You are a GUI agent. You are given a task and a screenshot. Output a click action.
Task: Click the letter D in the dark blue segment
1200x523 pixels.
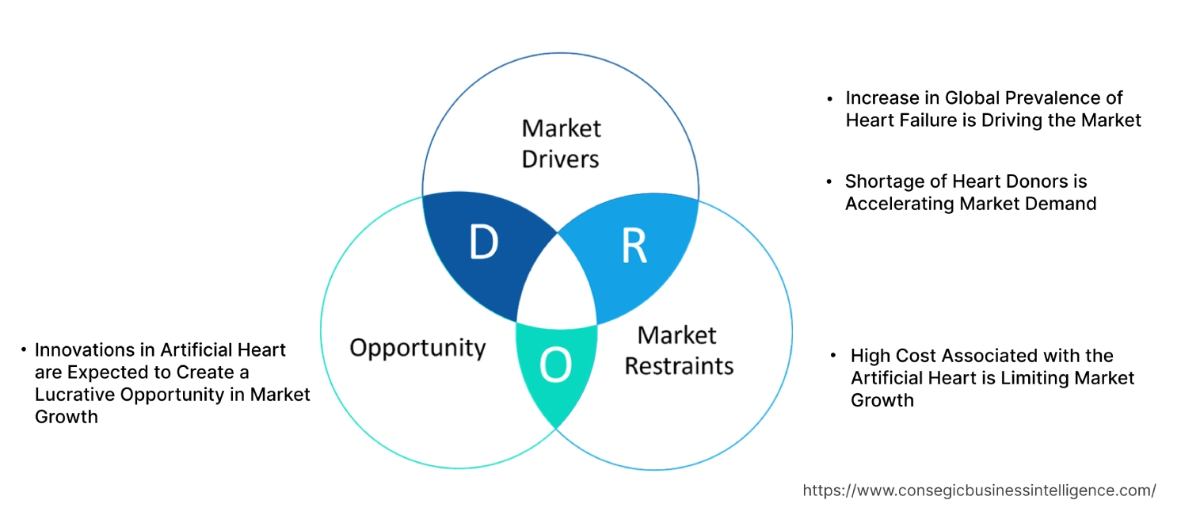coord(483,243)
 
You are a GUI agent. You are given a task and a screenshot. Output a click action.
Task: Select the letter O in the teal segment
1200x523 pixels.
coord(554,365)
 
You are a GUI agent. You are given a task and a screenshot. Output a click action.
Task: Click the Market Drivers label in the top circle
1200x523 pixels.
coord(561,143)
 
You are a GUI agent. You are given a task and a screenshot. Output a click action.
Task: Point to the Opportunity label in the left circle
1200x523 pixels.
coord(417,348)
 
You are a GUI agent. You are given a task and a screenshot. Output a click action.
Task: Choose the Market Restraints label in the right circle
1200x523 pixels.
coord(679,350)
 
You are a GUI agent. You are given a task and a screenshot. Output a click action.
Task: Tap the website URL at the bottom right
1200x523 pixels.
coord(979,491)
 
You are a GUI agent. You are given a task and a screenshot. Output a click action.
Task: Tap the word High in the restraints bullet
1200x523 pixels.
coord(870,356)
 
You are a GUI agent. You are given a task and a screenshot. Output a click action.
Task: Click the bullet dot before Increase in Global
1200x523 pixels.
coord(829,99)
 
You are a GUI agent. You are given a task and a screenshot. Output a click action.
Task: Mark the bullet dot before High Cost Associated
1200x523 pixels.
coord(834,357)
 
